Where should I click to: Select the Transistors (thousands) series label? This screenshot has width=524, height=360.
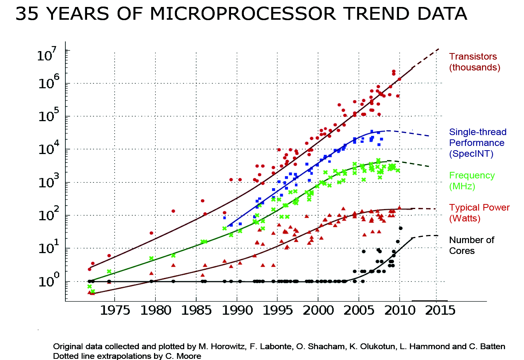coord(474,62)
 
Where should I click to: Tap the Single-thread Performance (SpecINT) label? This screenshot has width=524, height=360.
coord(478,143)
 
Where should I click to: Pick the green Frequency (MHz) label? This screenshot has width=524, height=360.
coord(472,181)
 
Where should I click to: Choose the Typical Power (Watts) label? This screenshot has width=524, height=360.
coord(479,213)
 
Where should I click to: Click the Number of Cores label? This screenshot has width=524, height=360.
coord(471,245)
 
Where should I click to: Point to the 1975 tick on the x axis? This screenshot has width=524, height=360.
coord(115,310)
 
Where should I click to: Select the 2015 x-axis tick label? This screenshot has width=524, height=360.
coord(440,310)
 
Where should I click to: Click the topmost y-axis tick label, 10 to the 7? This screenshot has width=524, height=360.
coord(47,54)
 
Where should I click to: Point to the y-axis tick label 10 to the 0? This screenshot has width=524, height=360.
coord(48,281)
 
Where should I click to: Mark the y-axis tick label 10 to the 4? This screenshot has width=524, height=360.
coord(48,148)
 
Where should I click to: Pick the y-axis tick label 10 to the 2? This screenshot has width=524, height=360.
coord(48,214)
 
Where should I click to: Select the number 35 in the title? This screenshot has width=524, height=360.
coord(27,14)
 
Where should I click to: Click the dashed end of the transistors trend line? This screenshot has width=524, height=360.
coord(426,58)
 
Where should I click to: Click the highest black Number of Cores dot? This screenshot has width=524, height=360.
coord(401,228)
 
